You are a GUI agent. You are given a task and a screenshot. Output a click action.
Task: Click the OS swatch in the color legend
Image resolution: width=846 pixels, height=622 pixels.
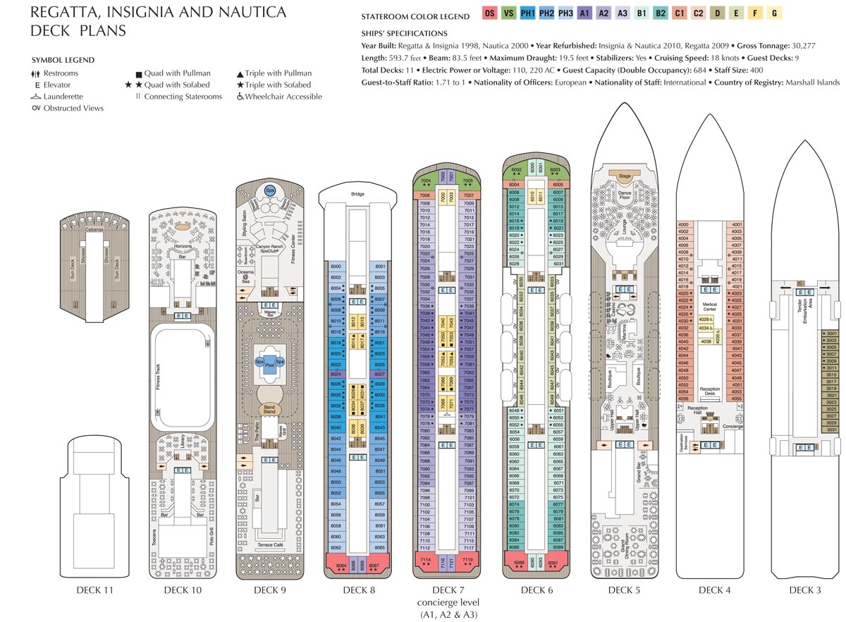[x=490, y=13]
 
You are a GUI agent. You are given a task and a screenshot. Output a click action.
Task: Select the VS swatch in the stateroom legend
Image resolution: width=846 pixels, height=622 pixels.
[x=509, y=13]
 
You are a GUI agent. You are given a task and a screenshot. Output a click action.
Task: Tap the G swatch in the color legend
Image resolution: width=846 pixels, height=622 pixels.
[x=774, y=13]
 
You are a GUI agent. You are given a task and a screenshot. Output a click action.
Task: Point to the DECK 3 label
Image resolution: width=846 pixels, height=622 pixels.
[x=805, y=590]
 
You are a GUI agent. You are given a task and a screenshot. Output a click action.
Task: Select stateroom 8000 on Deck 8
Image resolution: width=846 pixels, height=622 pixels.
[x=336, y=266]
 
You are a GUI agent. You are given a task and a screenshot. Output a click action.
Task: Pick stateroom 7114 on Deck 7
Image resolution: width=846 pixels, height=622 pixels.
[x=425, y=559]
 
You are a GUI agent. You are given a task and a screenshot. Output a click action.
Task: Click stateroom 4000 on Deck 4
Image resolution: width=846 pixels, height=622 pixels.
[x=682, y=224]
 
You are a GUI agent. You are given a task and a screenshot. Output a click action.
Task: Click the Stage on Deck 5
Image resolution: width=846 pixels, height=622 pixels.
[x=625, y=176]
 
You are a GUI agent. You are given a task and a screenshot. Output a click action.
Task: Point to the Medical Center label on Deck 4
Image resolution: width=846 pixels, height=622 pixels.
[x=710, y=308]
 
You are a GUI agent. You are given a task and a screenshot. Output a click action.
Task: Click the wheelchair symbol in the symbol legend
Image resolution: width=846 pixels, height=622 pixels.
[x=240, y=97]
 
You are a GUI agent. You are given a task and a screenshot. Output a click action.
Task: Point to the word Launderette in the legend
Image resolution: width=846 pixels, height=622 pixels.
[x=66, y=97]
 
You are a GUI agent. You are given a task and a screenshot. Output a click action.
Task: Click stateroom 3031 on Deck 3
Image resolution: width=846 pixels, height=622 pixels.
[x=831, y=429]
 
